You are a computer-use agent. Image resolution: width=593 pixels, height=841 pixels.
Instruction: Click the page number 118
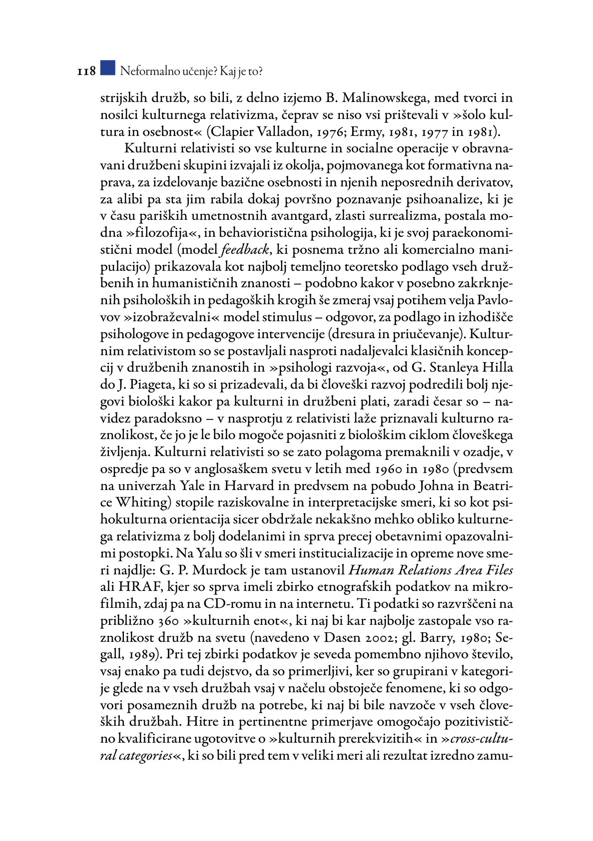pyautogui.click(x=86, y=72)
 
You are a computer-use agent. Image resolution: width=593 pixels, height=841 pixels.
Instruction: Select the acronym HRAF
pyautogui.click(x=136, y=587)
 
